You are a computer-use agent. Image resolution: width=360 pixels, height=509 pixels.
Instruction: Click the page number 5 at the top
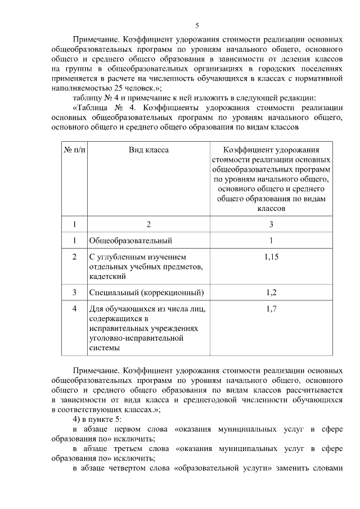pyautogui.click(x=197, y=26)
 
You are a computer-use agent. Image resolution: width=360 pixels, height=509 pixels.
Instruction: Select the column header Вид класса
pyautogui.click(x=148, y=150)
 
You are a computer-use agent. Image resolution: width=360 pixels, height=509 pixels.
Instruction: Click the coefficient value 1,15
pyautogui.click(x=272, y=256)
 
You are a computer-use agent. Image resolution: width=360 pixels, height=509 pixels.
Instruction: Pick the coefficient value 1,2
pyautogui.click(x=272, y=292)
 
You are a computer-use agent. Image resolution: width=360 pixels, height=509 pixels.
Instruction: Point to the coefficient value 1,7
pyautogui.click(x=272, y=308)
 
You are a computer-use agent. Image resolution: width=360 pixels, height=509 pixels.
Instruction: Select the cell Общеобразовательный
pyautogui.click(x=130, y=241)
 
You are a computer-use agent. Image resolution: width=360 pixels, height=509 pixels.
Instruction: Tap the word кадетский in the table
pyautogui.click(x=107, y=276)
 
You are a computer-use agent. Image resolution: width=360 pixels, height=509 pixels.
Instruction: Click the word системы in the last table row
pyautogui.click(x=105, y=348)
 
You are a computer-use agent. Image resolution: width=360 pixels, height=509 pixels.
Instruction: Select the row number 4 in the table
pyautogui.click(x=74, y=308)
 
